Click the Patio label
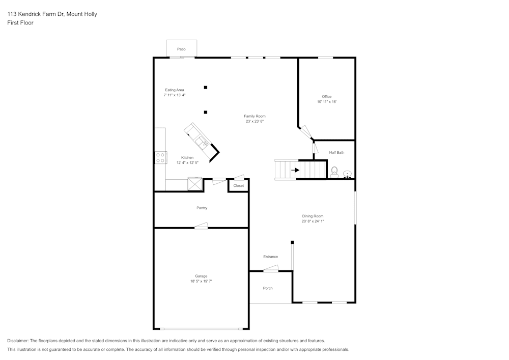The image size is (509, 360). (x=181, y=49)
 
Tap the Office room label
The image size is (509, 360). (x=326, y=96)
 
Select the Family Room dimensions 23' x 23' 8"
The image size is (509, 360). (x=254, y=121)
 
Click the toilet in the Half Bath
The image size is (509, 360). (x=334, y=171)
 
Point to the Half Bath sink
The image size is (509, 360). (x=347, y=174)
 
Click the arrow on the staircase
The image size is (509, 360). (x=295, y=170)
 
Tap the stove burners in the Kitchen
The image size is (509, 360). (x=160, y=158)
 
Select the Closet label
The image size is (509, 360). (x=239, y=186)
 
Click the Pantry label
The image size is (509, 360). (x=202, y=208)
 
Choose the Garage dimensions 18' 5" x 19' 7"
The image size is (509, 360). (x=201, y=281)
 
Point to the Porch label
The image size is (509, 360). (x=268, y=288)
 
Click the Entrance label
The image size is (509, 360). (x=270, y=257)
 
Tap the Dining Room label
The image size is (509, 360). (x=313, y=216)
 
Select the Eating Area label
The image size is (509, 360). (x=174, y=90)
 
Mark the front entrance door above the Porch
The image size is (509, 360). (x=271, y=269)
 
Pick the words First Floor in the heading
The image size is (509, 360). (x=20, y=23)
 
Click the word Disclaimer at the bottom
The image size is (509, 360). (x=18, y=341)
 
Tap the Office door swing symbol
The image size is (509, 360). (x=306, y=131)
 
